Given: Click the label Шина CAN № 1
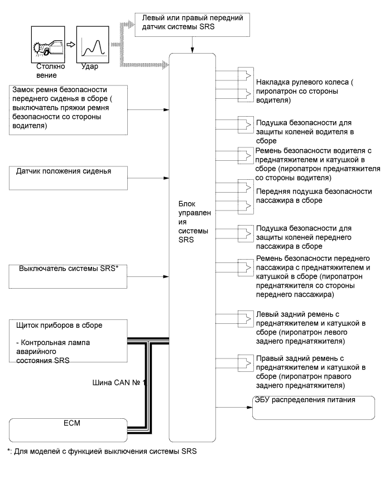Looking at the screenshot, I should pyautogui.click(x=119, y=384).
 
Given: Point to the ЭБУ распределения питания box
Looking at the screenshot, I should pyautogui.click(x=313, y=407).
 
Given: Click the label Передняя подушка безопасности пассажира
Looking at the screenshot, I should pyautogui.click(x=313, y=196).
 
